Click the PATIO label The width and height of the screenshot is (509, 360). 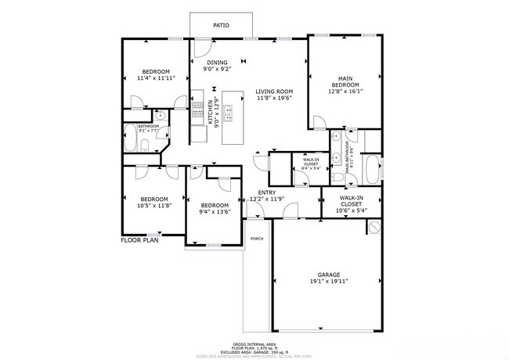tap(221, 26)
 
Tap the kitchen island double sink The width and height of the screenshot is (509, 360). tap(230, 116)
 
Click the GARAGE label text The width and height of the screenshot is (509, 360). tap(328, 275)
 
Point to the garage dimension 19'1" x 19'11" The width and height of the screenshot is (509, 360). tap(328, 282)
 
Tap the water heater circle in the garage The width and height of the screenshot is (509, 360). tap(374, 228)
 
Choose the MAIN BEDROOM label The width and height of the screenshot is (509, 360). tap(345, 81)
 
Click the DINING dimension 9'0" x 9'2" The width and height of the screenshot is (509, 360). tap(217, 70)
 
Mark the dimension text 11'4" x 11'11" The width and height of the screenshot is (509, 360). tap(154, 78)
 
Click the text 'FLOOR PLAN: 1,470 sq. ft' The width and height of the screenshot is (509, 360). tap(254, 348)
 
